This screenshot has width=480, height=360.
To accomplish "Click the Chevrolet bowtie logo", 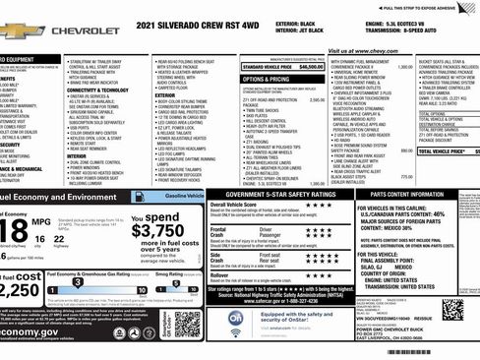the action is point(20,30).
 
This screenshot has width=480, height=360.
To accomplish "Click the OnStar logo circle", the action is point(236,320).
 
